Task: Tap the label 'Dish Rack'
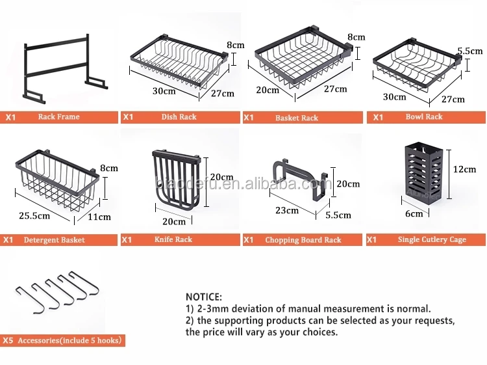pos(179,117)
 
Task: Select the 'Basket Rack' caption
pos(297,118)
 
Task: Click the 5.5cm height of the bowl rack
pos(469,51)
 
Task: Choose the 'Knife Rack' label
pos(173,239)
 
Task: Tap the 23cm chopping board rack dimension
pos(286,210)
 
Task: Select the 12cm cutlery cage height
pos(464,169)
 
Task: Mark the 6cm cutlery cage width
pos(414,213)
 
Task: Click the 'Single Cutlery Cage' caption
pos(432,239)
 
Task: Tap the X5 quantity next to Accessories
pos(8,340)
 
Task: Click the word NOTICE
pos(204,297)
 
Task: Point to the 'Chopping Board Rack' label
pos(303,240)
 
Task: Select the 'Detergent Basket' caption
pos(55,240)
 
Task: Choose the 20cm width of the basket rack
pos(268,90)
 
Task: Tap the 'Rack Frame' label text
pos(58,117)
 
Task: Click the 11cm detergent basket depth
pos(100,217)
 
